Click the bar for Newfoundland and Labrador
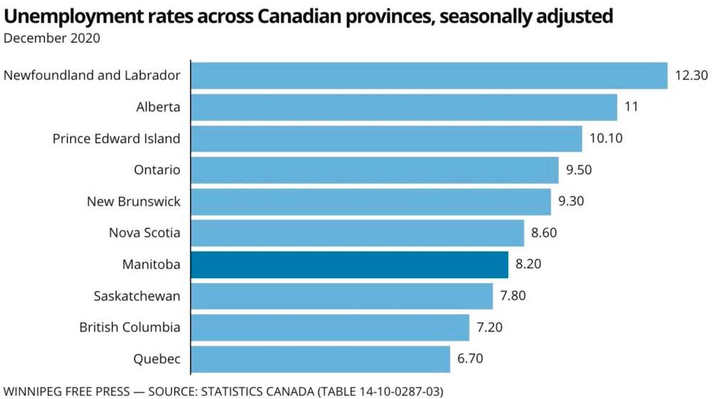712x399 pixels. coord(429,75)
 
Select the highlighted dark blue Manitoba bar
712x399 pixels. coord(350,265)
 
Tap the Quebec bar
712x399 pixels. coord(320,359)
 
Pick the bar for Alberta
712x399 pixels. coord(404,107)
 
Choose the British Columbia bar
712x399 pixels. coord(330,327)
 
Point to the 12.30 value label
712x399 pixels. coord(689,75)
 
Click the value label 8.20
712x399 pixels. coord(529,265)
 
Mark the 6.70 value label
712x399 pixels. coord(470,359)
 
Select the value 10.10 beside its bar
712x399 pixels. coord(606,139)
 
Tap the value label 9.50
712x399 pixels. coord(578,170)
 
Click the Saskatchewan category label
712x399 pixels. coord(137,296)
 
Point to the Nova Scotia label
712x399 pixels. coord(145,233)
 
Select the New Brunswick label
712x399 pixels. coord(134,201)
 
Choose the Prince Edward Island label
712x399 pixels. coord(117,139)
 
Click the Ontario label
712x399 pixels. coord(157,170)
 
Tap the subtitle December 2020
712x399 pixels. coord(52,38)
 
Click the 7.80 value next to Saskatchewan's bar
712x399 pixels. coord(513,296)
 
